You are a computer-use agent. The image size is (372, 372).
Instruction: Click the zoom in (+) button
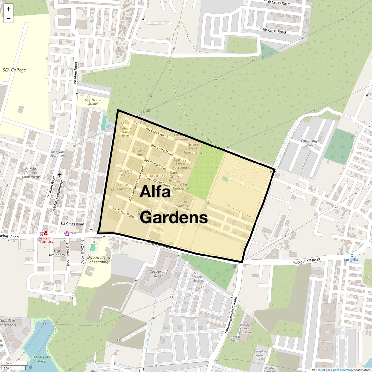(x=8, y=9)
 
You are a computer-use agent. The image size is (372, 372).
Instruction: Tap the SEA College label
(x=14, y=70)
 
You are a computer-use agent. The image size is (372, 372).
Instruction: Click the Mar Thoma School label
(x=93, y=102)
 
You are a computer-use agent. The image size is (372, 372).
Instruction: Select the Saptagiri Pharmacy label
(x=46, y=240)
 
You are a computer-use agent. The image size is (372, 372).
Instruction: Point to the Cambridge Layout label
(x=310, y=143)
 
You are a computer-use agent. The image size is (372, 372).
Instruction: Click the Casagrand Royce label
(x=159, y=273)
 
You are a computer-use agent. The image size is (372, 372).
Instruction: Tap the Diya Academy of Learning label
(x=99, y=260)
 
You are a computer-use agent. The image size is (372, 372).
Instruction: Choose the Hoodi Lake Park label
(x=41, y=359)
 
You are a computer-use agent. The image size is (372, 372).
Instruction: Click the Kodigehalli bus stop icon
(x=352, y=256)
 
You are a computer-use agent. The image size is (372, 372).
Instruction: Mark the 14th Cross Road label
(x=273, y=31)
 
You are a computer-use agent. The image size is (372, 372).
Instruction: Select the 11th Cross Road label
(x=277, y=3)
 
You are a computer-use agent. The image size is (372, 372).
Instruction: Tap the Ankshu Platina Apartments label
(x=31, y=173)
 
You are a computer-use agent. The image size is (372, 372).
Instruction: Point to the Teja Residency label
(x=57, y=253)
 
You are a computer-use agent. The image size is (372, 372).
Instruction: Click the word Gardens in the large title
(x=174, y=217)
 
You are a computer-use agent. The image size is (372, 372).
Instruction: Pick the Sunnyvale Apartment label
(x=57, y=154)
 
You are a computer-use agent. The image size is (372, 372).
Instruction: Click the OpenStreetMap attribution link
(x=341, y=370)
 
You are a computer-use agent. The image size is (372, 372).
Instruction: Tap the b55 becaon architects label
(x=196, y=277)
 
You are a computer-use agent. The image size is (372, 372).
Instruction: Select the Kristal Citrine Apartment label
(x=244, y=329)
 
